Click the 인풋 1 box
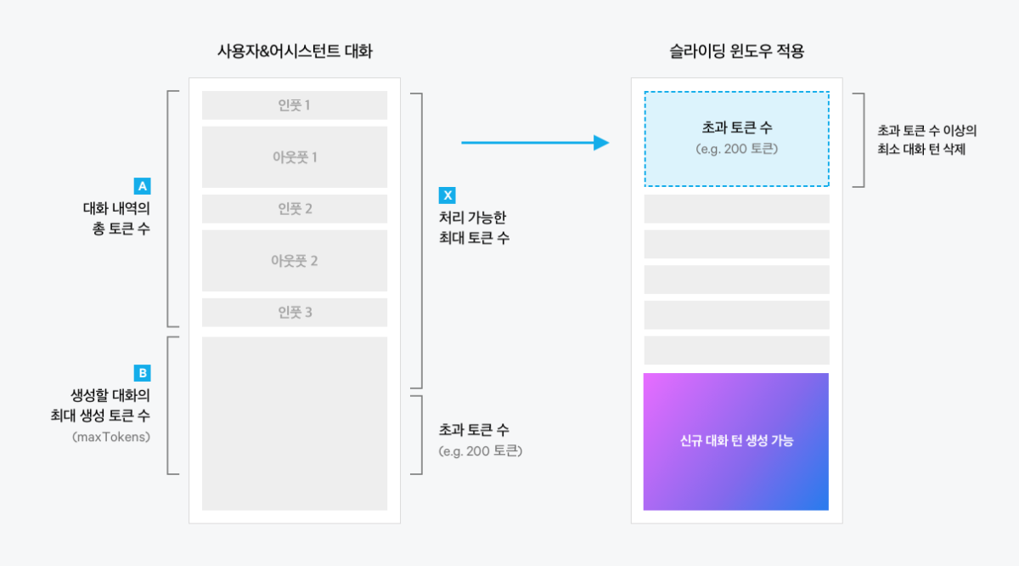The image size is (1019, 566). pos(295,105)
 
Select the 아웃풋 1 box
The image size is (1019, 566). pos(295,157)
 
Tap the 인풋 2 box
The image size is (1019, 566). pos(295,208)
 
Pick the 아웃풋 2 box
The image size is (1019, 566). pos(295,260)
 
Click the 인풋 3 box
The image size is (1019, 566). pos(295,313)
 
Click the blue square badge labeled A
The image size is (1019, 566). pos(143,186)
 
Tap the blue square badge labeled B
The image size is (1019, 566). pos(143,373)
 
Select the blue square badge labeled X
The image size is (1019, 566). pos(448,195)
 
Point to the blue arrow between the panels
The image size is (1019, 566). pos(535,143)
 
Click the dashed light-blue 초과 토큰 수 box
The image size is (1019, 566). pos(736,139)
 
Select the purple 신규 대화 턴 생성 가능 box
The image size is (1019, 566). pos(736,441)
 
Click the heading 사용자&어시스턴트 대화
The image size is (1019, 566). pos(295,51)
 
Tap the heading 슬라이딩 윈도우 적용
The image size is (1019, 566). pos(736,51)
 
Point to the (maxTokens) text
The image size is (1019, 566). pos(111,437)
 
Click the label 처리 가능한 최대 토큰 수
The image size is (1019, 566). pos(474,228)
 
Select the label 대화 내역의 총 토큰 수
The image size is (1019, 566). pos(116,218)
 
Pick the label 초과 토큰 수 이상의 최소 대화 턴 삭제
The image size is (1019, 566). pos(926,139)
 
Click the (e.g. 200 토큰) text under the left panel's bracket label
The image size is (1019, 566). pos(481,450)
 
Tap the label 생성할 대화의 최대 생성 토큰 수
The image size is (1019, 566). pos(100,405)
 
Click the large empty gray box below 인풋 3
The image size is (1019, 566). pos(295,423)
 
